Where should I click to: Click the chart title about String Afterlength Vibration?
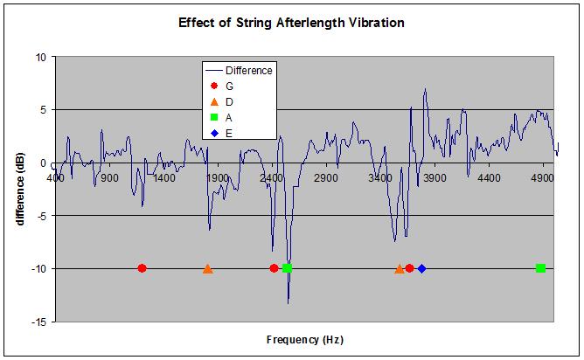point(291,24)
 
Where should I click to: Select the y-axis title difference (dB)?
point(20,190)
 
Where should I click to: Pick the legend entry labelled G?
point(228,87)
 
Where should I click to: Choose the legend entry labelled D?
point(228,102)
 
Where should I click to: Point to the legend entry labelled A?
point(228,118)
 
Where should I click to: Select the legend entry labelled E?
point(228,134)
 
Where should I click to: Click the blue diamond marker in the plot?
point(421,268)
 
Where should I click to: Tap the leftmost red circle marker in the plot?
point(142,268)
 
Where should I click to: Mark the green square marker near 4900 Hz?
point(540,268)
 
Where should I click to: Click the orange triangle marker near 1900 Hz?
point(207,268)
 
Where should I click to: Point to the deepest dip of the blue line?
point(288,302)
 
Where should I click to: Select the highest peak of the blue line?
point(425,89)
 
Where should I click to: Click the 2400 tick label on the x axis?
point(272,177)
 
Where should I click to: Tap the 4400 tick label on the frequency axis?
point(489,177)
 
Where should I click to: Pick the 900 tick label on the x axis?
point(108,177)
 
